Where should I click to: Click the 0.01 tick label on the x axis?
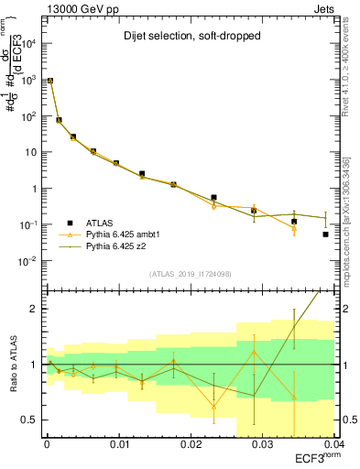118,444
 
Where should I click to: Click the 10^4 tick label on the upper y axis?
27,44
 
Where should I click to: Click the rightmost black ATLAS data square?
326,234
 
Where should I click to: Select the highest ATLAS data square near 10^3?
49,81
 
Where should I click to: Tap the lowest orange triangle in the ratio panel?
213,406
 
